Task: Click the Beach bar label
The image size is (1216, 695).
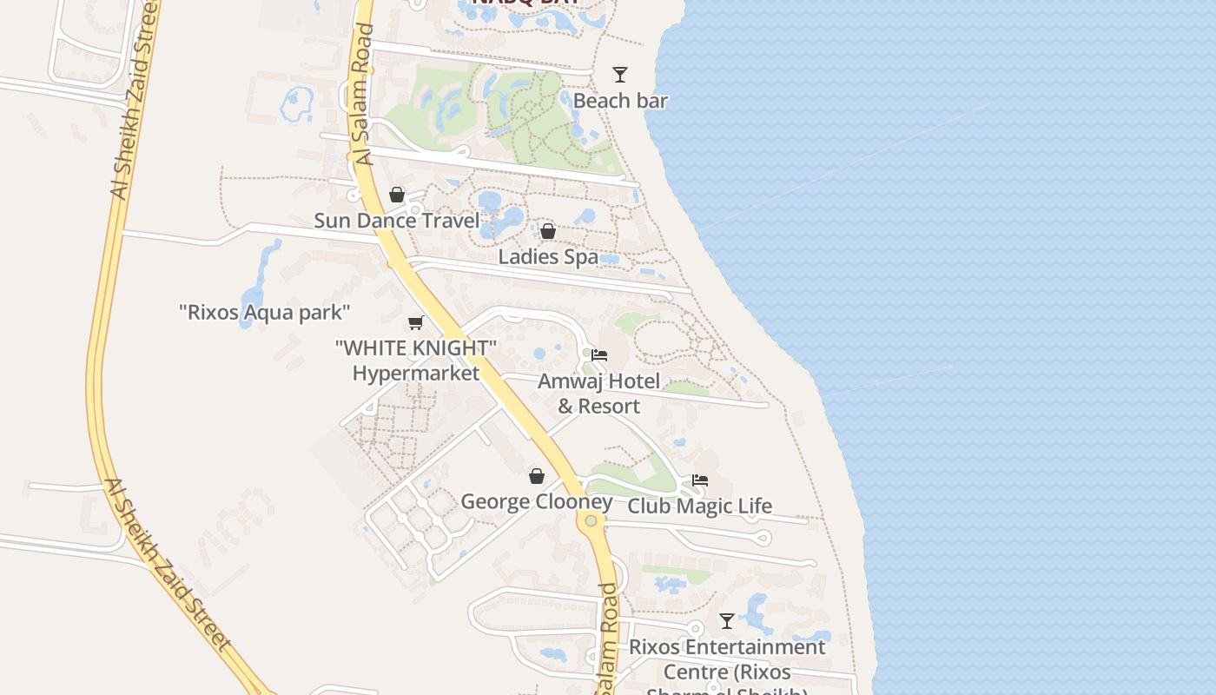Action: [x=620, y=101]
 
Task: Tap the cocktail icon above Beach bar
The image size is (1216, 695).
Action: [x=619, y=75]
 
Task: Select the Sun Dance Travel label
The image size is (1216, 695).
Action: [x=396, y=221]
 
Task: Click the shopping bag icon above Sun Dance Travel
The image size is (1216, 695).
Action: [x=397, y=195]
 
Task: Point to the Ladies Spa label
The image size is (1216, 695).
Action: [x=548, y=257]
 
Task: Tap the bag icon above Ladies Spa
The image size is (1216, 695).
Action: [x=548, y=231]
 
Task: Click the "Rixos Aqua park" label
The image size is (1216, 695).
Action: [x=265, y=312]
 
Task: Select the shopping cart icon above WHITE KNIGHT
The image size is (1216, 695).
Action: [x=416, y=322]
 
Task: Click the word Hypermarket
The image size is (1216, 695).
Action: [x=416, y=374]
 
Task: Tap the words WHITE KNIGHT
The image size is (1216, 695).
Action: [x=416, y=348]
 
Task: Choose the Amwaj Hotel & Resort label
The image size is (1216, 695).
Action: [x=598, y=394]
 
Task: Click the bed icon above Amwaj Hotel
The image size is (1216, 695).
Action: [x=599, y=355]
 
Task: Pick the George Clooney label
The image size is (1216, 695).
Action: [x=537, y=502]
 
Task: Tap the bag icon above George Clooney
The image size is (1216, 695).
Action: [x=537, y=476]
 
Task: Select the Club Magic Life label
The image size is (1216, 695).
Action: [x=699, y=506]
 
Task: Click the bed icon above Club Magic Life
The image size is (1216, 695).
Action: [x=700, y=480]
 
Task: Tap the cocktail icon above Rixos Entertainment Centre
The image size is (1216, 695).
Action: [x=727, y=621]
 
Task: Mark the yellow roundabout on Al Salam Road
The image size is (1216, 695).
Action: [x=591, y=520]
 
